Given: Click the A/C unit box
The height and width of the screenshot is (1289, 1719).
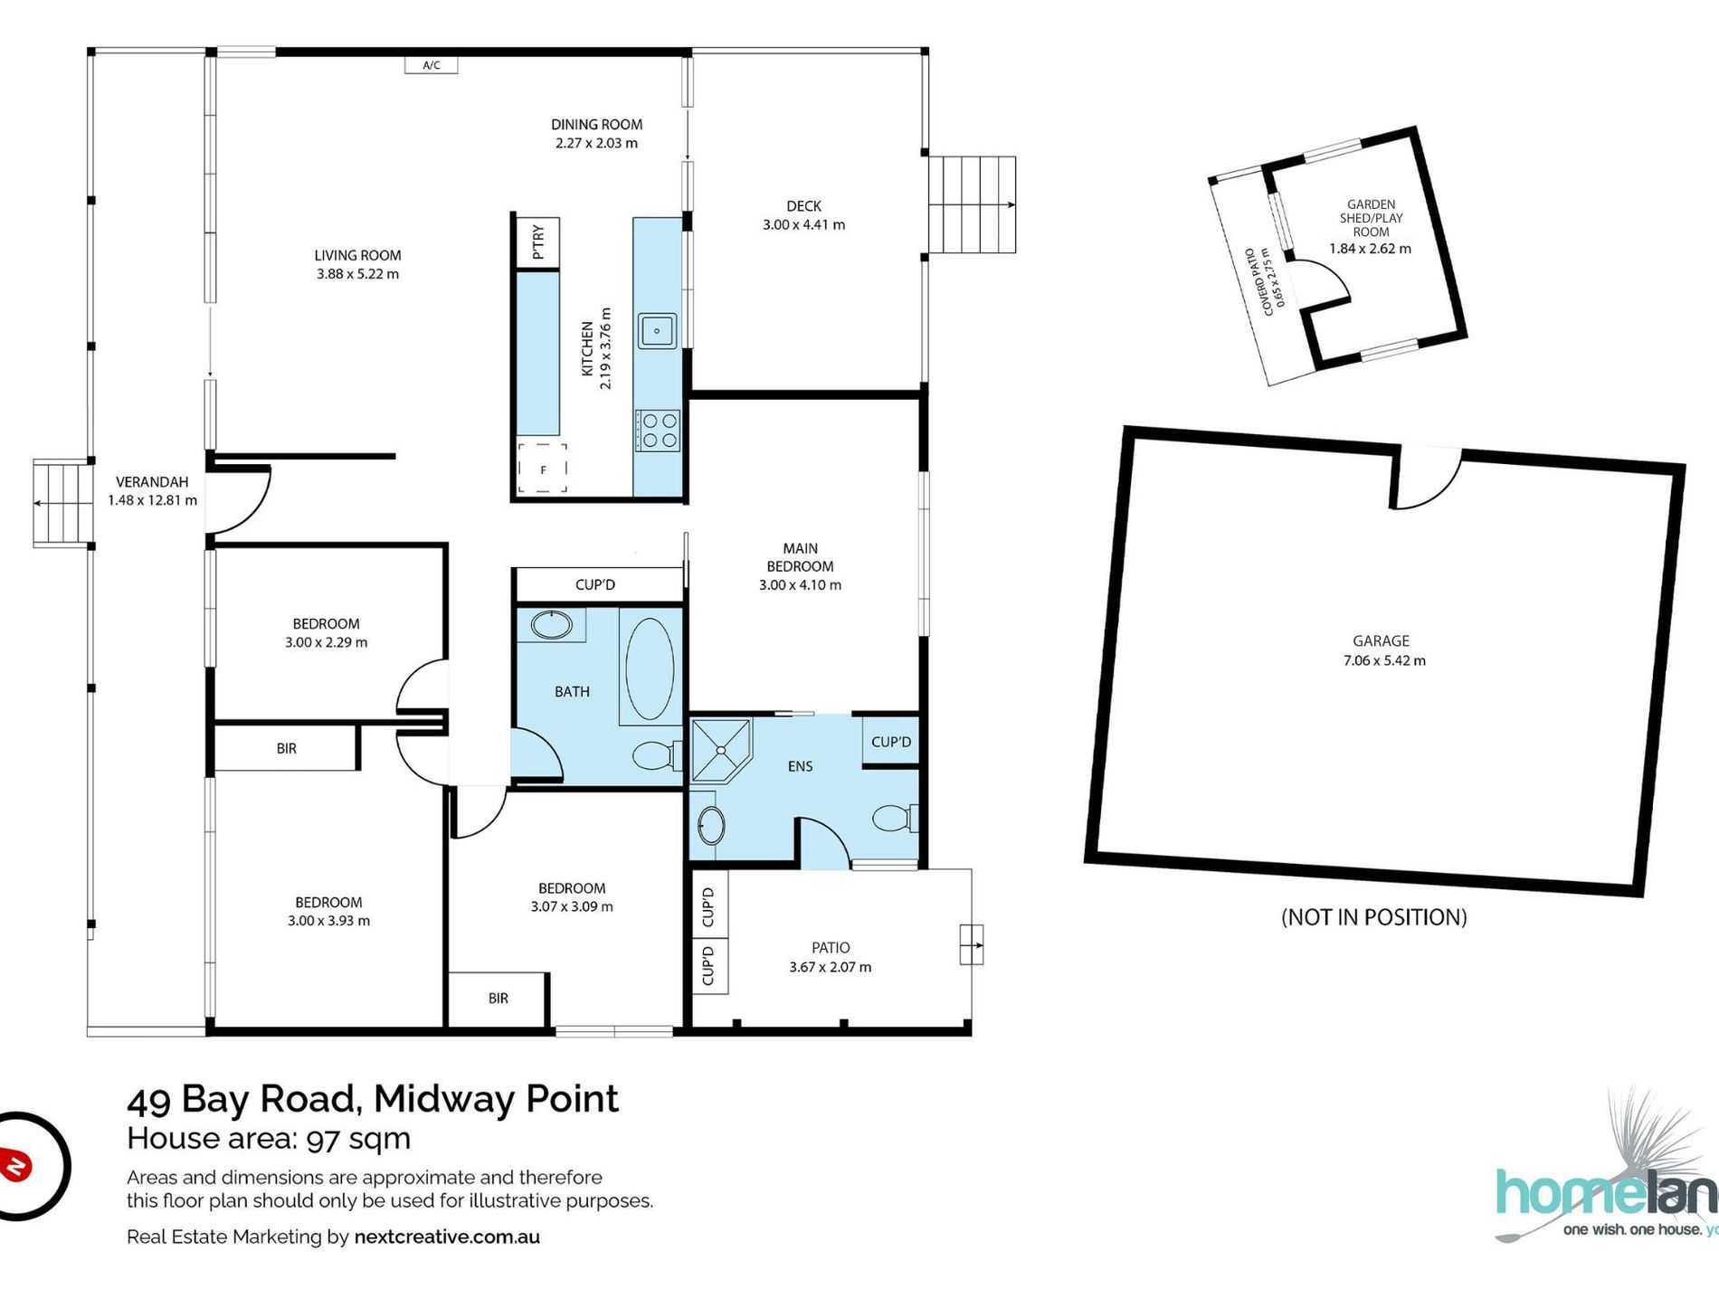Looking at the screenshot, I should click(x=432, y=65).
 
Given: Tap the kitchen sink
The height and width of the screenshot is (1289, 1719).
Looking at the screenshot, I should click(x=658, y=331).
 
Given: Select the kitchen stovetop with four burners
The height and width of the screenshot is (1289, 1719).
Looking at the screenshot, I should click(x=658, y=431).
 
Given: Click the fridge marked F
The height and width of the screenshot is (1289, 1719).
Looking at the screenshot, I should click(x=543, y=469).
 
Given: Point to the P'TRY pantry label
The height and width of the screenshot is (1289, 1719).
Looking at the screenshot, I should click(x=538, y=242).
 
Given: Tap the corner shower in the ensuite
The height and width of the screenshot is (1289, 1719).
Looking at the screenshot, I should click(x=720, y=750).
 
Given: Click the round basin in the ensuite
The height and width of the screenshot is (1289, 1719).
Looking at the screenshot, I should click(x=711, y=825).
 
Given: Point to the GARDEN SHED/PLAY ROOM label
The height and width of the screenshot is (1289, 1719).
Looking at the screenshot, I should click(x=1371, y=218).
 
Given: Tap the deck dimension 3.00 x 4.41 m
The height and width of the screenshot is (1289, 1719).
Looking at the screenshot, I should click(x=803, y=225).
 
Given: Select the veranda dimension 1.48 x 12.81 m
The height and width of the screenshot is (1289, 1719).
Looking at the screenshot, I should click(x=152, y=500).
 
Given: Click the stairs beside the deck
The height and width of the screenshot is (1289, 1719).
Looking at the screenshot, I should click(x=973, y=204).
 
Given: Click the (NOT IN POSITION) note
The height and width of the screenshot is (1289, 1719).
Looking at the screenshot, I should click(x=1373, y=917).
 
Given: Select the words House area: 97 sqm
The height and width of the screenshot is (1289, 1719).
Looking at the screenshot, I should click(x=269, y=1139).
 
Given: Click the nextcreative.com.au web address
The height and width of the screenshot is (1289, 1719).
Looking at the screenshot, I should click(x=447, y=1237).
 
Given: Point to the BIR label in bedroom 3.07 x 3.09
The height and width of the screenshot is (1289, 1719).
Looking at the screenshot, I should click(x=498, y=999).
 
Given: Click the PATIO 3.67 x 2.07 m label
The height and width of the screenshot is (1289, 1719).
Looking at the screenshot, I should click(x=830, y=957).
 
